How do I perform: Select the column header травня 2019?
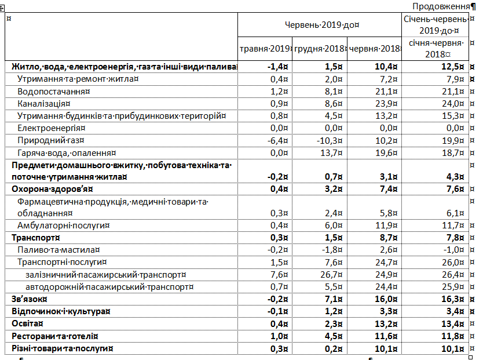[x=264, y=49]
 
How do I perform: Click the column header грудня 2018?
[x=319, y=49]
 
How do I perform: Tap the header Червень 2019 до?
[x=320, y=26]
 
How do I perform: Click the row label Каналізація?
[x=45, y=104]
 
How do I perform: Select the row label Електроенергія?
[x=51, y=128]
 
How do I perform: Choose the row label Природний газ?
[x=50, y=140]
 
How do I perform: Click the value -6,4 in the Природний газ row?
[x=277, y=140]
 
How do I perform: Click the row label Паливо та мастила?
[x=58, y=250]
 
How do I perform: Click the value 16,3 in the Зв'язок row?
[x=453, y=299]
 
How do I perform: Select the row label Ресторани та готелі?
[x=53, y=336]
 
